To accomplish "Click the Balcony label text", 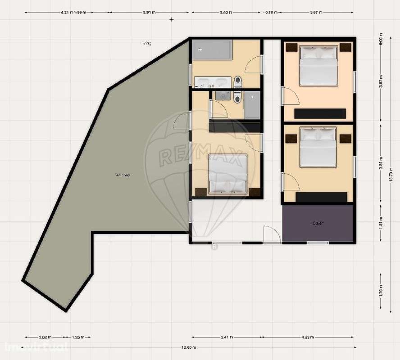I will [x=123, y=175].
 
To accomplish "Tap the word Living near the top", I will [x=145, y=43].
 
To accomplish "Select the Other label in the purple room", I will [x=318, y=223].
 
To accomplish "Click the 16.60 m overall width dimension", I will [x=189, y=347].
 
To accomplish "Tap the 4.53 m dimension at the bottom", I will [x=308, y=337].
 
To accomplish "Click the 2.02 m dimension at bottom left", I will [x=45, y=337].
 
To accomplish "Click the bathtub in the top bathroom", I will [x=212, y=50].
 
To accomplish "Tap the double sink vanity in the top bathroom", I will [x=212, y=82].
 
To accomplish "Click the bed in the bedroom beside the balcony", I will [x=228, y=174].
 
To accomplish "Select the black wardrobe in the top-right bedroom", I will [x=320, y=113].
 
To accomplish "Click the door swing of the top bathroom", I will [x=254, y=64].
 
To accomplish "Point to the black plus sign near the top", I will [x=171, y=19].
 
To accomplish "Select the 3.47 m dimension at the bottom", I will [x=227, y=337].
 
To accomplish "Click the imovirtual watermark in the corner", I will [x=36, y=347].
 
